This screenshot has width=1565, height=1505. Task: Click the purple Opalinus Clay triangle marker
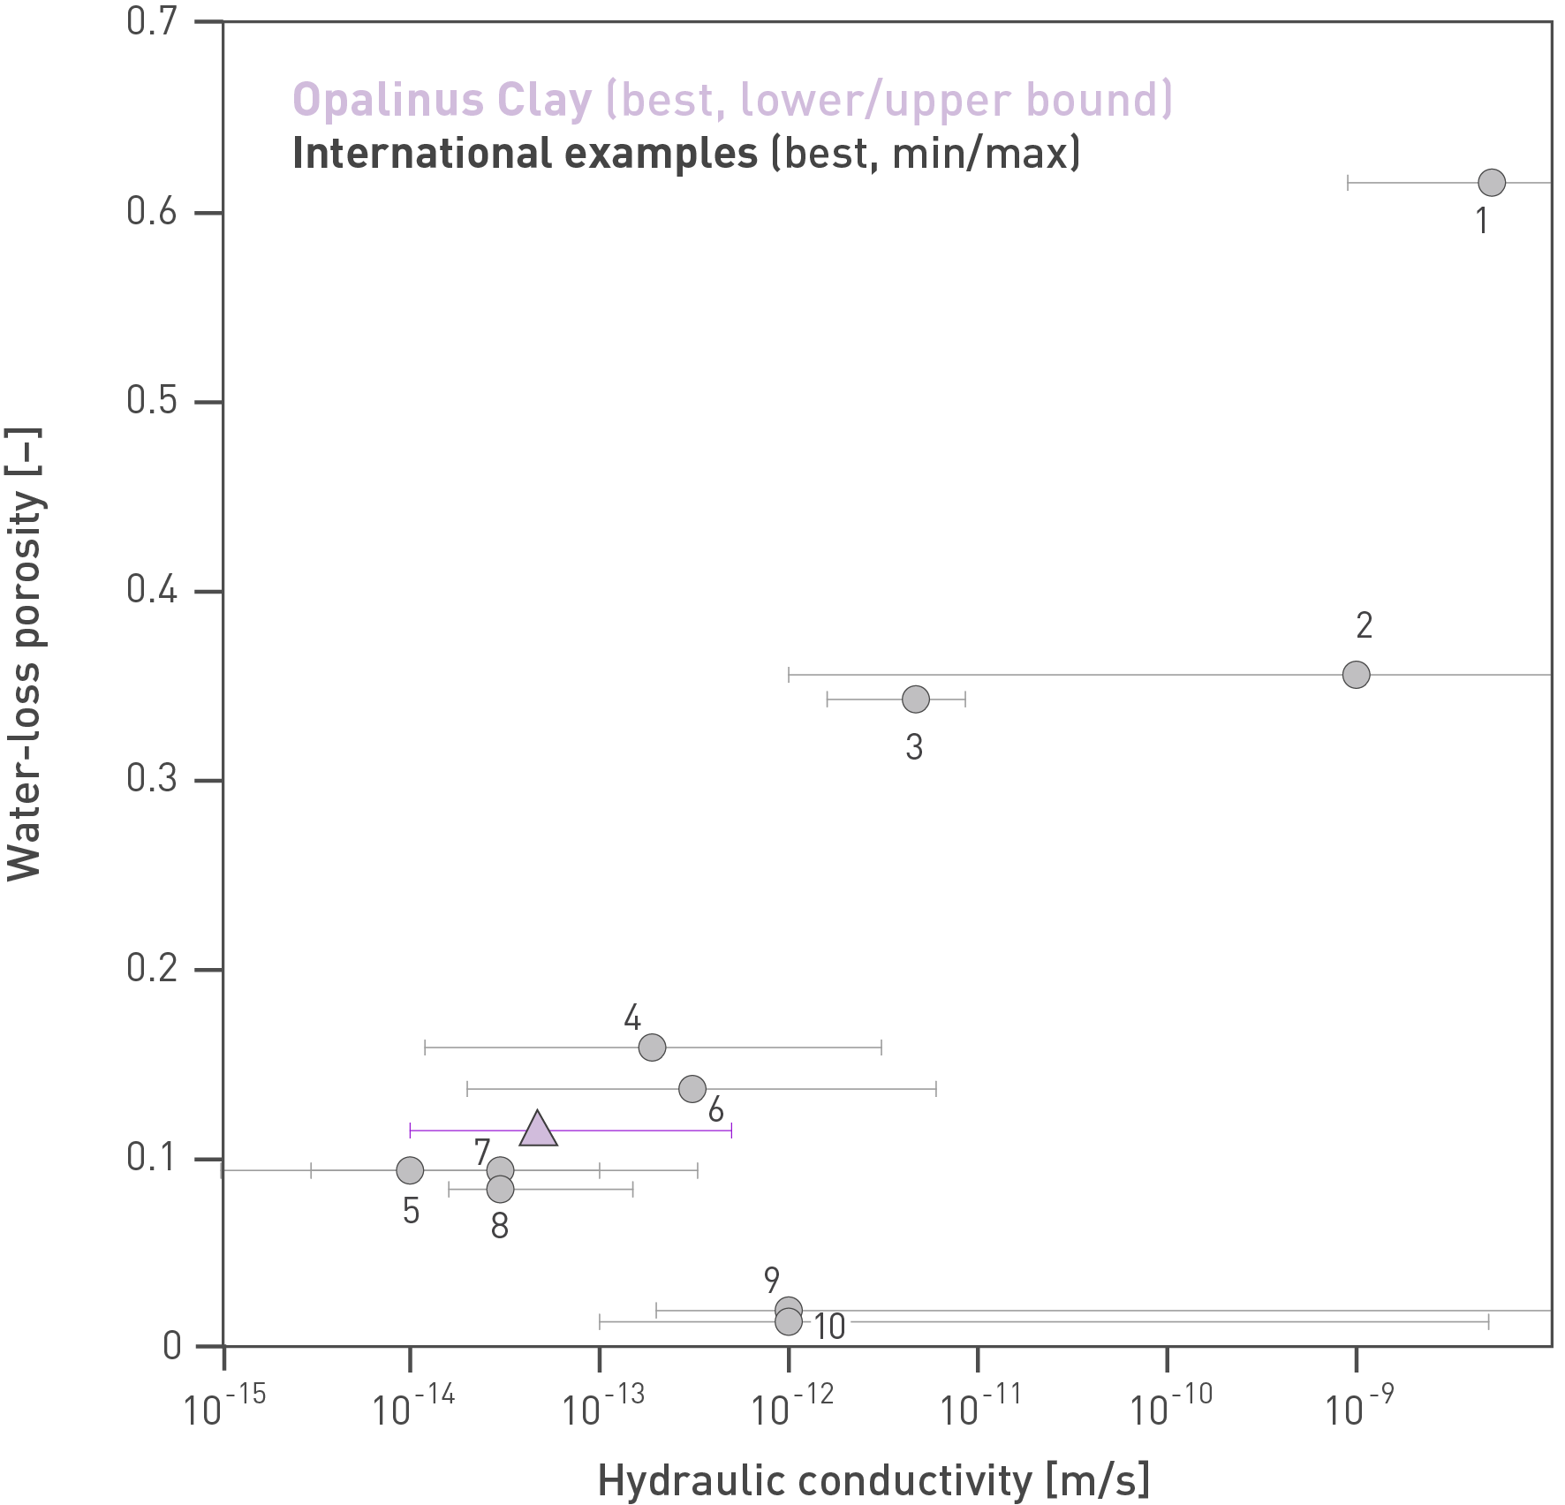pos(538,1130)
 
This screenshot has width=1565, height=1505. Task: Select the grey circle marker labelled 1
pos(1492,183)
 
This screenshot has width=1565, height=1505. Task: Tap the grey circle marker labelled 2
pos(1356,675)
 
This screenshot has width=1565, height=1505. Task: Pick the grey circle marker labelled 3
pos(916,700)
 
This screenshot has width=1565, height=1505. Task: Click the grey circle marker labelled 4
pos(652,1047)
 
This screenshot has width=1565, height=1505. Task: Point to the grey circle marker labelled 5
pos(410,1170)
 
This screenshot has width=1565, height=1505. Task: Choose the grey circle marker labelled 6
pos(692,1089)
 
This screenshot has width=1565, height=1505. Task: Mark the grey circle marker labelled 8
pos(500,1190)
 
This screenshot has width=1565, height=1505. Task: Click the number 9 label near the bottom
pos(772,1280)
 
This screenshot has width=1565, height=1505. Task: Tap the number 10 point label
pos(829,1327)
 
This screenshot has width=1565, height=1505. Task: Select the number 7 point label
pos(481,1152)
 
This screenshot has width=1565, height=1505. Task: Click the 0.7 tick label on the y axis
pos(152,21)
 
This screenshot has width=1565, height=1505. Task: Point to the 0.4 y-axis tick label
pos(152,589)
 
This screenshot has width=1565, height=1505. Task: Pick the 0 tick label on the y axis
pos(172,1346)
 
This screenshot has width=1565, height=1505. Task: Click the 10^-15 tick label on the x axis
pos(224,1407)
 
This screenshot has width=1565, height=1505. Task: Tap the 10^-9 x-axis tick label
pos(1358,1407)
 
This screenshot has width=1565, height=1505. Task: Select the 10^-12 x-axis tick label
pos(791,1407)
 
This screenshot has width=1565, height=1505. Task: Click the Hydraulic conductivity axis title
pos(873,1480)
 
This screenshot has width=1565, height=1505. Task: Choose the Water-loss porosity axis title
pos(25,654)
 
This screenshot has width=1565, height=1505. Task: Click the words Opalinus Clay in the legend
pos(442,100)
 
